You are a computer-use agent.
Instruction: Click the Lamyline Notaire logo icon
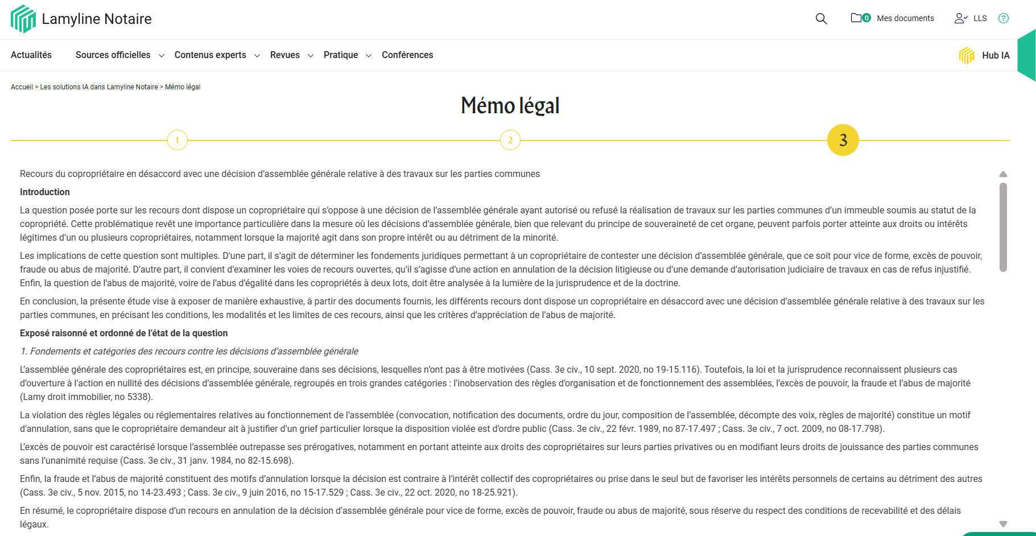point(23,19)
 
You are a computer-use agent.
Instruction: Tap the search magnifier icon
point(821,19)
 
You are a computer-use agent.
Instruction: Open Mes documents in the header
point(905,18)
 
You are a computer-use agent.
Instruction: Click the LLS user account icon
point(961,18)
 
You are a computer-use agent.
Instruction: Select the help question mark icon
point(1004,18)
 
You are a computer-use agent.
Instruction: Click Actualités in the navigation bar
point(31,55)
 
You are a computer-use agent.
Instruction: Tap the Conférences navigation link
point(407,55)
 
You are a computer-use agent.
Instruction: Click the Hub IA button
point(984,55)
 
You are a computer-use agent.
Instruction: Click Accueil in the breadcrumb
point(22,87)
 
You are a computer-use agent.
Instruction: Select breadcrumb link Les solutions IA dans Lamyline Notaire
point(99,87)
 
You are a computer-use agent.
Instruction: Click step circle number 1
point(178,140)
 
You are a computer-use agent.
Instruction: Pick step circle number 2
point(510,140)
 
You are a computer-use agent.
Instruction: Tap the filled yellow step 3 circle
point(843,140)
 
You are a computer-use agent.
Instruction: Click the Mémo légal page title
point(510,106)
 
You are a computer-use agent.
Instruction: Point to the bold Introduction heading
point(45,192)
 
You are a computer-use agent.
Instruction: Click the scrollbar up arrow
point(1003,174)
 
